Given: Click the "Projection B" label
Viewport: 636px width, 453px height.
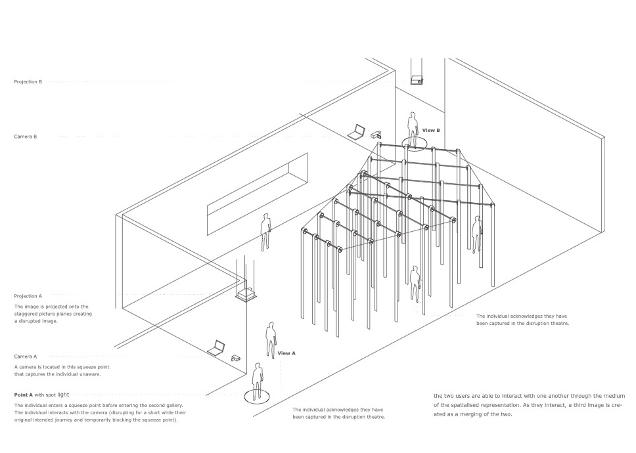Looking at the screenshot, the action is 28,82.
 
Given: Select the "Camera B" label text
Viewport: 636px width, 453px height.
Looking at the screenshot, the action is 26,137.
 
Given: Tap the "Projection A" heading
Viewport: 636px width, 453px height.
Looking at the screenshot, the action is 28,296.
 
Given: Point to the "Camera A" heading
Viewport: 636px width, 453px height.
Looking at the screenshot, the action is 26,356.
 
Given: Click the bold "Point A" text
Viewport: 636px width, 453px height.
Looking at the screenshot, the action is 24,395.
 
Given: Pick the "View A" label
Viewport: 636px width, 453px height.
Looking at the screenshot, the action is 286,353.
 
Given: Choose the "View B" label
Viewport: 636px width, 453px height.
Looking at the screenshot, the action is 431,130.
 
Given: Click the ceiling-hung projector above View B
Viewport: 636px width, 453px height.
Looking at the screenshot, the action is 415,81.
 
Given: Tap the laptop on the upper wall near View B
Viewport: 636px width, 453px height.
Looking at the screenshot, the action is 357,132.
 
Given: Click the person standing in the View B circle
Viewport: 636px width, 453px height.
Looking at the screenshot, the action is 413,129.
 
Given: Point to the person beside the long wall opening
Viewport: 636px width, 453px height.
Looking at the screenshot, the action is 266,232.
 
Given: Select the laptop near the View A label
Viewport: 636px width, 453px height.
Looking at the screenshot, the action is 217,349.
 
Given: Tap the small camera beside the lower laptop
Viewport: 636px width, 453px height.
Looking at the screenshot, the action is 236,358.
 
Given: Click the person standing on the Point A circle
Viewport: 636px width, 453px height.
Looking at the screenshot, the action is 258,382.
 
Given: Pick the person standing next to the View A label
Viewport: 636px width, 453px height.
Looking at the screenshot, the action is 270,339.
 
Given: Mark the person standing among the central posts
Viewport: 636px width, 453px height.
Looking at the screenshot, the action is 415,282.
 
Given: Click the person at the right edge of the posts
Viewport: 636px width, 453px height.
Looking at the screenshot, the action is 477,234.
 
